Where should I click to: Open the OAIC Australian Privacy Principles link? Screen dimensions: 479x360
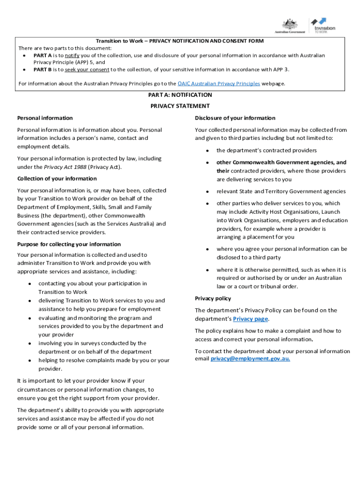click(x=219, y=84)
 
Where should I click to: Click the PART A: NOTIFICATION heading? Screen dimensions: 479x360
click(x=180, y=95)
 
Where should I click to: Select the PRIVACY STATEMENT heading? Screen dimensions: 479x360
click(x=180, y=106)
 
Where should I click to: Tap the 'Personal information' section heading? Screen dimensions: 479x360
click(x=45, y=118)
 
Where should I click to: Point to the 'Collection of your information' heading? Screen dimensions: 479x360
click(x=57, y=179)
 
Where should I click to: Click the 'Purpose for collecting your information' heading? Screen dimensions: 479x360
click(x=69, y=244)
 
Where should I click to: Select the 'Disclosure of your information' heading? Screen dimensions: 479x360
click(x=235, y=118)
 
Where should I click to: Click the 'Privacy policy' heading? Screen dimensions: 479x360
click(x=213, y=298)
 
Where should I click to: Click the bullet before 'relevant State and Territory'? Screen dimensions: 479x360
click(x=207, y=192)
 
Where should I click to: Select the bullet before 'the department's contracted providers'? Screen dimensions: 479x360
click(x=207, y=151)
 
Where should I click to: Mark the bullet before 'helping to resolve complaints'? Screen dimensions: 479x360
click(x=29, y=361)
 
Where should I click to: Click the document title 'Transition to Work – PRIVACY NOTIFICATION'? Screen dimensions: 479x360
click(x=180, y=41)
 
